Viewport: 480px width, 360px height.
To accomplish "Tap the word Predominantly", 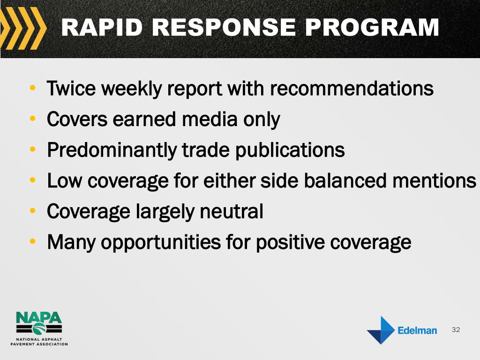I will point(112,150).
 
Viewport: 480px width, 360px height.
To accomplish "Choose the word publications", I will point(290,150).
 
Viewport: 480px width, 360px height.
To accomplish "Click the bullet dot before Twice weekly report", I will point(32,88).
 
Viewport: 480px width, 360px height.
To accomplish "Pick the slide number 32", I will point(456,330).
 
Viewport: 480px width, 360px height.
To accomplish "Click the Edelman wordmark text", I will point(417,330).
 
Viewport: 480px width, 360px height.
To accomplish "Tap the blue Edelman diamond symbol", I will point(381,330).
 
